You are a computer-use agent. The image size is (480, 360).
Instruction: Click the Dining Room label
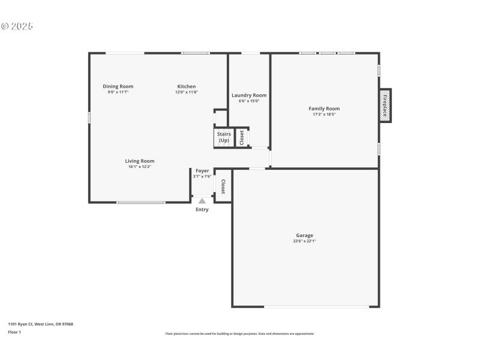tap(118, 86)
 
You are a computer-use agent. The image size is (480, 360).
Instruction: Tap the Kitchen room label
tap(186, 86)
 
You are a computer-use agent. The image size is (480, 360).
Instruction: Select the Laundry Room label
tap(249, 95)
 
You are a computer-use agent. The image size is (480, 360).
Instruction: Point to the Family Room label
tap(324, 109)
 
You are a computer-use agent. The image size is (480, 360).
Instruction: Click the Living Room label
tap(139, 161)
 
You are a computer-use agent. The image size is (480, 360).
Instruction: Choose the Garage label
tap(304, 235)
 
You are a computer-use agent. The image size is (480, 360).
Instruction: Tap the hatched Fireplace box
tap(385, 106)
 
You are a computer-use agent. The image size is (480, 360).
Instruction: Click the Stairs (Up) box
tap(223, 137)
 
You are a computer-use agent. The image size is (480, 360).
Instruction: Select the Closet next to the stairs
tap(242, 137)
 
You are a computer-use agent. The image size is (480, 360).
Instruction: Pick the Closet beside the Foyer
tap(223, 187)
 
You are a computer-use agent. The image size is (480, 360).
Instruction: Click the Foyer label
tap(202, 171)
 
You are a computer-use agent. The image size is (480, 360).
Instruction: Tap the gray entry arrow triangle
tap(202, 201)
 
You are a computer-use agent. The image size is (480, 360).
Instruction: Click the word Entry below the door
tap(202, 209)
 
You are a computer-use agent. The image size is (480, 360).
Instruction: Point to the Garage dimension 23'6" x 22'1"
tap(304, 241)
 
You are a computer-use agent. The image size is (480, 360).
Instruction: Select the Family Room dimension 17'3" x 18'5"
tap(324, 115)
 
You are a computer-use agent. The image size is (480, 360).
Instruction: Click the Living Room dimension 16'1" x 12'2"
tap(139, 167)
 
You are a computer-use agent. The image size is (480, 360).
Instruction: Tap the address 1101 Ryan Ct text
tap(40, 324)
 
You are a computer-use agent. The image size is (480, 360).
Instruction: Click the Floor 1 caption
tap(14, 332)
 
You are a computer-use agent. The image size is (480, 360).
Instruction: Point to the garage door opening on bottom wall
tap(317, 307)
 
